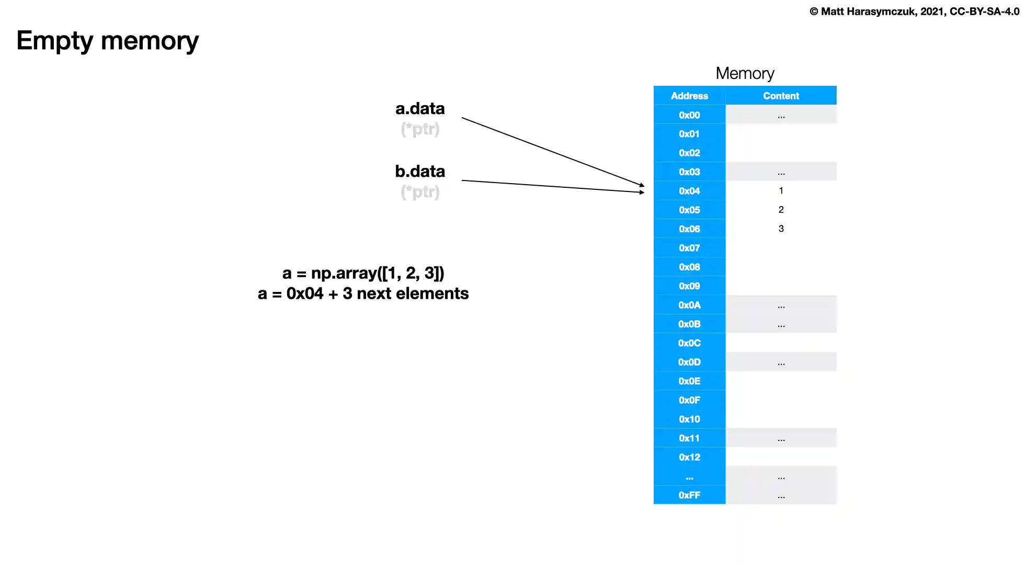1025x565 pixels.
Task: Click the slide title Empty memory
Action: click(107, 41)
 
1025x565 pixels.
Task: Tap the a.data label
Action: click(420, 108)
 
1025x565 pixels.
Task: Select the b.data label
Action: click(420, 171)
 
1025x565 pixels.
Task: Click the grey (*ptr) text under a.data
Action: click(420, 129)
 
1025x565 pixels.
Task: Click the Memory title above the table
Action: click(745, 73)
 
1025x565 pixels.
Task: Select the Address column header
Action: click(689, 96)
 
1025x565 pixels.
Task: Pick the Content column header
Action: click(781, 96)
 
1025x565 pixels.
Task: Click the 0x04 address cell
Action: click(689, 191)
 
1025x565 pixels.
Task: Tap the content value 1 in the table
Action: click(781, 191)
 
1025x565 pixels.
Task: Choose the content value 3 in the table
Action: click(781, 229)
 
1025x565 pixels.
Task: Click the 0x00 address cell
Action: click(689, 115)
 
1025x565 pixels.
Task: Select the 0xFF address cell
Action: click(689, 495)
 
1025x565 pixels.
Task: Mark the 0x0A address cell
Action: click(689, 305)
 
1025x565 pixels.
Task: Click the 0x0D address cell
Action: click(689, 362)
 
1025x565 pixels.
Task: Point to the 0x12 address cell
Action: click(689, 457)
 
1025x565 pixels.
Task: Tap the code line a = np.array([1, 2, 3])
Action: click(363, 273)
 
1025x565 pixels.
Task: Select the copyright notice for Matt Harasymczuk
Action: click(914, 12)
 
